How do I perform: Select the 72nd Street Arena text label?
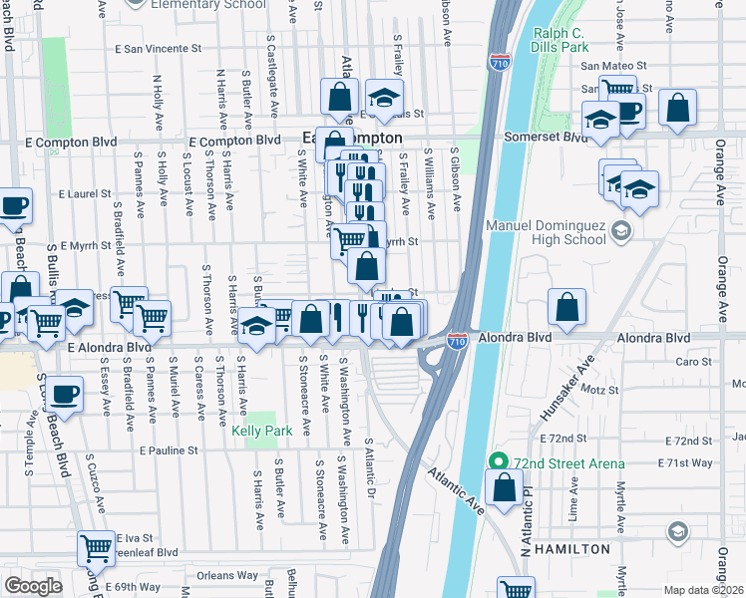570,463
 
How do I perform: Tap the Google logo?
33,586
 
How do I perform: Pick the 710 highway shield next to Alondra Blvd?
457,341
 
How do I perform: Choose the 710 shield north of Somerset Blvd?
500,62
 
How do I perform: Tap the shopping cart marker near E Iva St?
96,546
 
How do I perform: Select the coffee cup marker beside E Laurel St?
14,206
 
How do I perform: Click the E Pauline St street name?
170,450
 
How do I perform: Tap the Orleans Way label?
227,575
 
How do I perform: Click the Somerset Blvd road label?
547,137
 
